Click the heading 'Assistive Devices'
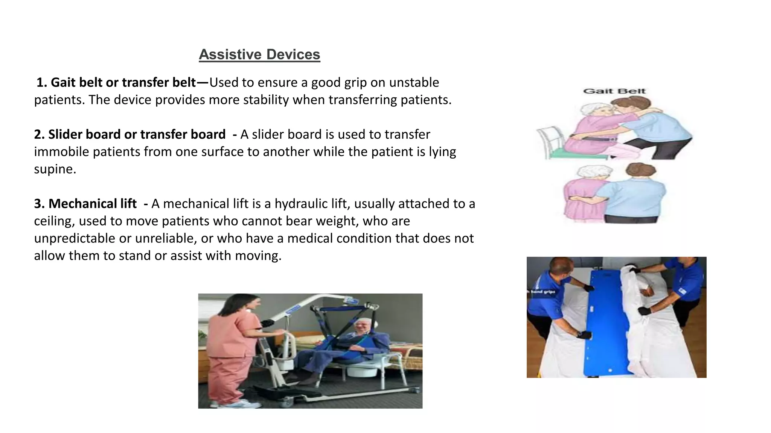[259, 55]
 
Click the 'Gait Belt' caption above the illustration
[614, 91]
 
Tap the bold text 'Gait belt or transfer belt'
[123, 82]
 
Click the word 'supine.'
[55, 169]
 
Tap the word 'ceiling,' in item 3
[54, 221]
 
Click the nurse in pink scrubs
[230, 346]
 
